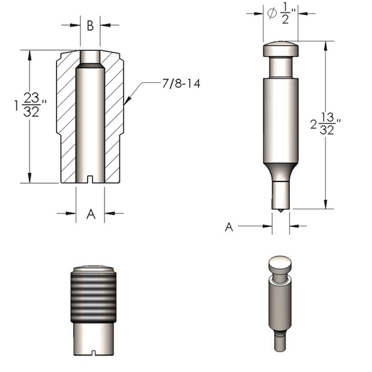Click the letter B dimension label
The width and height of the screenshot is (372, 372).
pyautogui.click(x=90, y=26)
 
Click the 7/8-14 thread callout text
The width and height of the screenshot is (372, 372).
pyautogui.click(x=181, y=83)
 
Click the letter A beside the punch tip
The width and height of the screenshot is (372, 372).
pyautogui.click(x=229, y=226)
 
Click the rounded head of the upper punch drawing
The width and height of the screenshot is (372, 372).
pyautogui.click(x=281, y=49)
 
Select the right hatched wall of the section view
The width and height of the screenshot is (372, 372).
pyautogui.click(x=114, y=111)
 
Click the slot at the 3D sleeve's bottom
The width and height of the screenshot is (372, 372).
pyautogui.click(x=93, y=352)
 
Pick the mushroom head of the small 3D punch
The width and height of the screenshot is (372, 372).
pyautogui.click(x=279, y=265)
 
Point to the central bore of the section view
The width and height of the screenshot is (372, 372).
pyautogui.click(x=91, y=117)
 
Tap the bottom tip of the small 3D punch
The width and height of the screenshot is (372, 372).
pyautogui.click(x=279, y=345)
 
